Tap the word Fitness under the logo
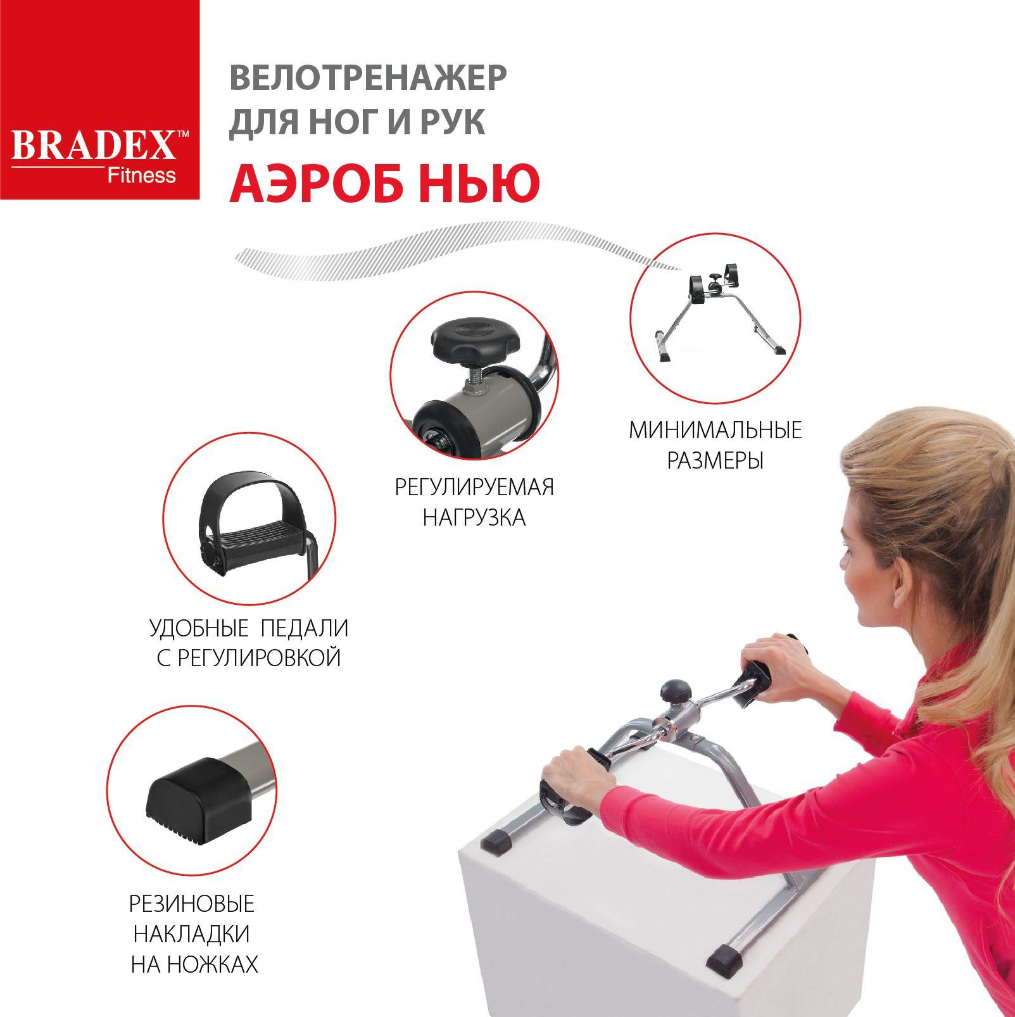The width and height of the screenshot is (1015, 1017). point(140,175)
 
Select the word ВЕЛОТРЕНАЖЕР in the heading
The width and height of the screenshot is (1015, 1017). point(368,79)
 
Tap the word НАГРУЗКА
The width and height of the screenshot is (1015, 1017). point(474,517)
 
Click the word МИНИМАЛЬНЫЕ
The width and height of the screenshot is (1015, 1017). point(716,431)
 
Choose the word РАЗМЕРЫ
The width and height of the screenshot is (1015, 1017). point(716,460)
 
